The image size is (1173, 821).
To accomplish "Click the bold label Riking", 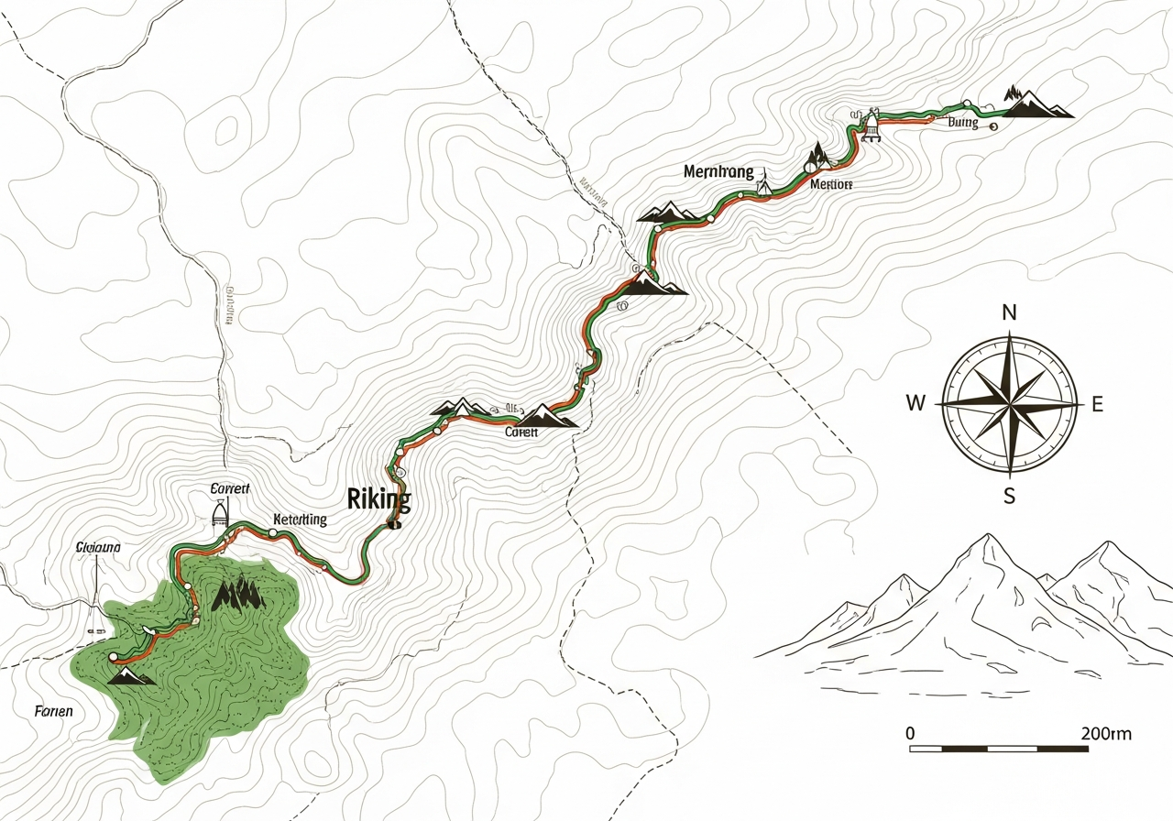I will [x=379, y=500].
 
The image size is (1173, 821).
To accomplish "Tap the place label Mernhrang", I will [x=718, y=172].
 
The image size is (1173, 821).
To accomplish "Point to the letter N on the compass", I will [x=1009, y=312].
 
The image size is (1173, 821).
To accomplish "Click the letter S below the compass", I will [x=1009, y=497].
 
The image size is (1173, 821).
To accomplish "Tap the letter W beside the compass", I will [x=915, y=403].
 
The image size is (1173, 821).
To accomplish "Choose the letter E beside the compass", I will [x=1097, y=404].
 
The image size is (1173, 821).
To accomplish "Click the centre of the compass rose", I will [x=1009, y=403].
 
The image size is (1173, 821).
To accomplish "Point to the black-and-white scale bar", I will [x=999, y=749].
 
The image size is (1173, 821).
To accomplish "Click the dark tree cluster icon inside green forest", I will [x=238, y=596].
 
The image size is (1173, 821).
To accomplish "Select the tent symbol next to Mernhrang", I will [x=762, y=186].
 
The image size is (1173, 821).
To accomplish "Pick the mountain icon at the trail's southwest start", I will [x=129, y=676].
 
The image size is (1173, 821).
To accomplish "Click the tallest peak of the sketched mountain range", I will [x=986, y=539].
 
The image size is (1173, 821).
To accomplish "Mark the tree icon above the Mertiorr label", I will [x=816, y=158].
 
